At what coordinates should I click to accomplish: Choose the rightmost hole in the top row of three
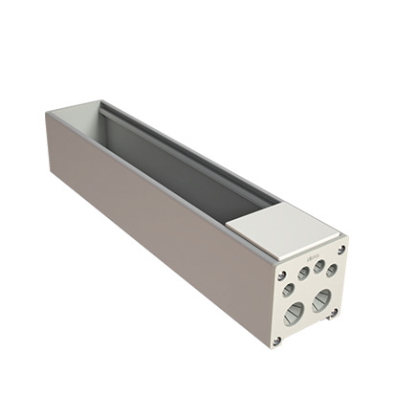tap(331, 271)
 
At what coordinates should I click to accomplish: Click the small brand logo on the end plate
tap(310, 257)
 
